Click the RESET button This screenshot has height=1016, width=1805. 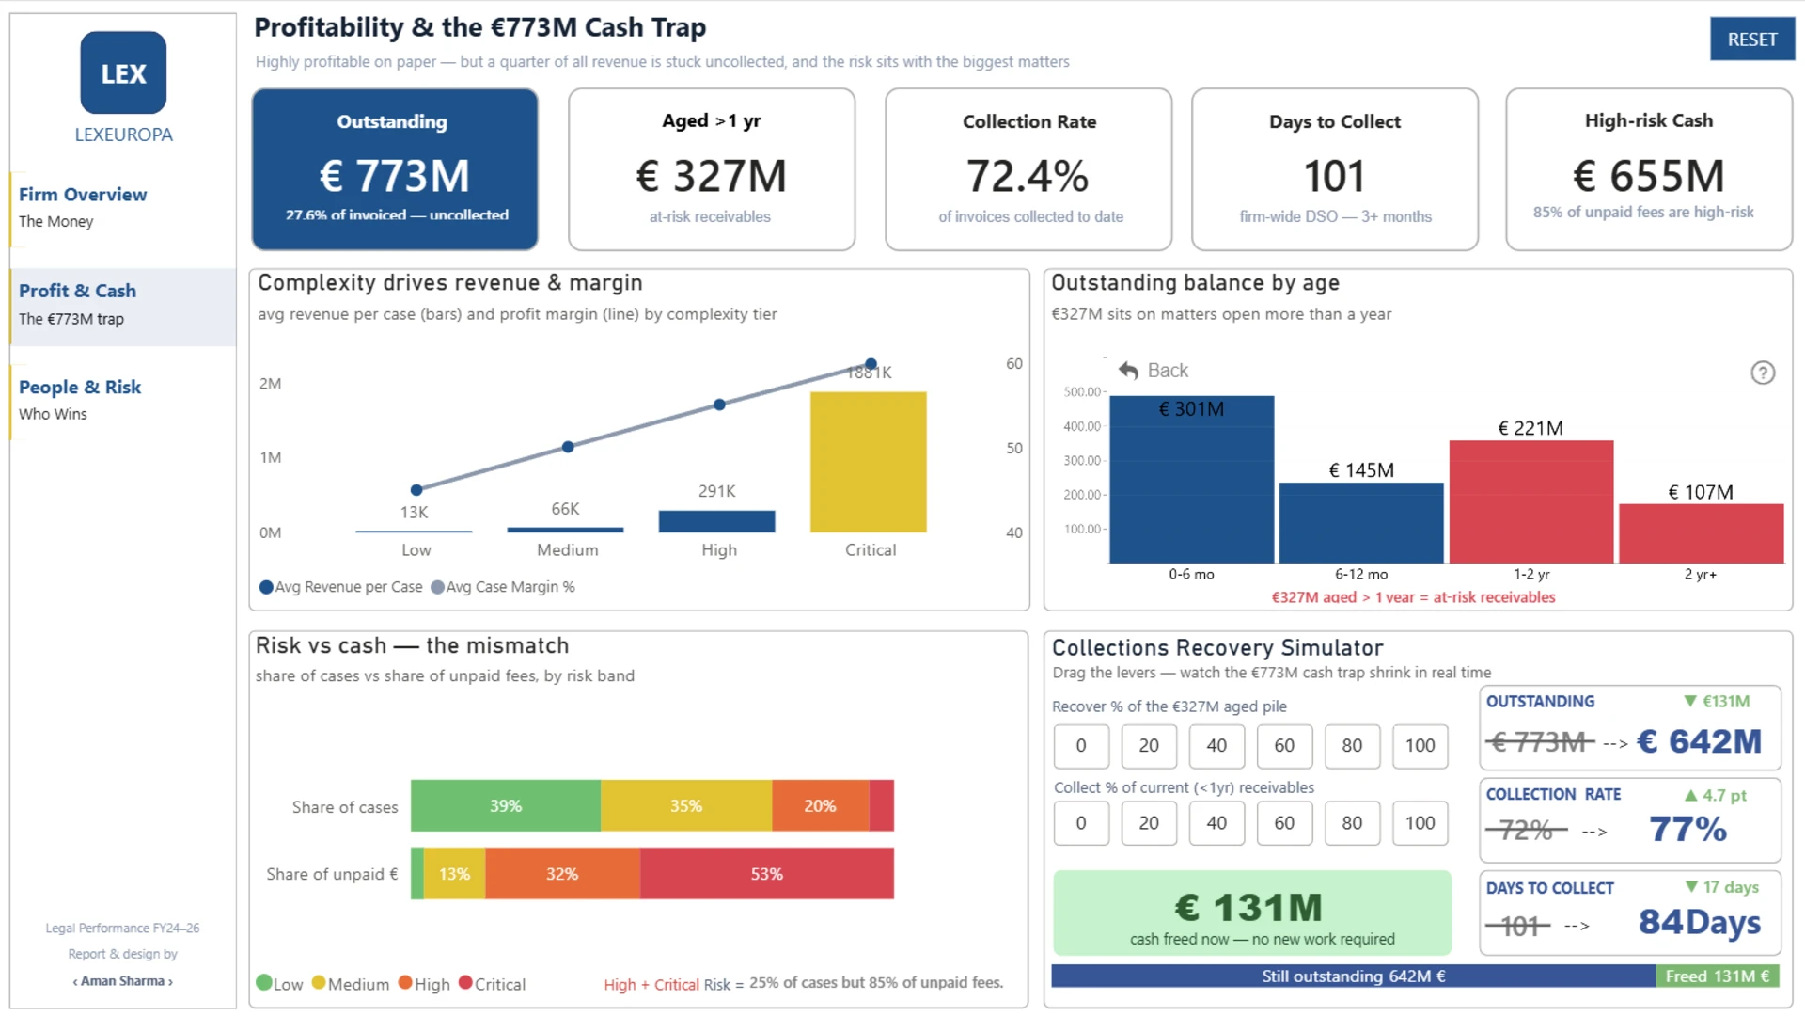click(1751, 40)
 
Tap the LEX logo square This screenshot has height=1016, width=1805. click(123, 72)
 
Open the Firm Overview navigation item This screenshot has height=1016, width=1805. click(83, 206)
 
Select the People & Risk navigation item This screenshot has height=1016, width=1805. click(80, 399)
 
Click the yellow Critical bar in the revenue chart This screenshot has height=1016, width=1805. click(868, 462)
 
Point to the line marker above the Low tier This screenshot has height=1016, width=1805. click(416, 489)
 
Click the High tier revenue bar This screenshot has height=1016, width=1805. click(716, 521)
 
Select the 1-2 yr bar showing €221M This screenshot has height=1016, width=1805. click(1530, 501)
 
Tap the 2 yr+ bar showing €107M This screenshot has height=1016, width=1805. click(1701, 533)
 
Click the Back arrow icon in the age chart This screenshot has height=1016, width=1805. click(1128, 371)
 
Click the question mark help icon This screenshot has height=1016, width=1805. click(1763, 373)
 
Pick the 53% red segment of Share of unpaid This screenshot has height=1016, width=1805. click(767, 874)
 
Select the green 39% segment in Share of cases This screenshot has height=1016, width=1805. click(506, 805)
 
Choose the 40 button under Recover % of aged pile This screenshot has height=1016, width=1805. click(1216, 745)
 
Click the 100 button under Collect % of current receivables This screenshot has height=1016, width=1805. click(1420, 822)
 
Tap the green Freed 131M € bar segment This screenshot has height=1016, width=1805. click(1717, 976)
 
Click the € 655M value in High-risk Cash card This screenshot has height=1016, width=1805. click(1649, 176)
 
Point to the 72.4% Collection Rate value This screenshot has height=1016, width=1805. click(1028, 176)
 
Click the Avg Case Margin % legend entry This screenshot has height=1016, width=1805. click(503, 587)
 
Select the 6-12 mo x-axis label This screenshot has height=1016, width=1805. click(1361, 574)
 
